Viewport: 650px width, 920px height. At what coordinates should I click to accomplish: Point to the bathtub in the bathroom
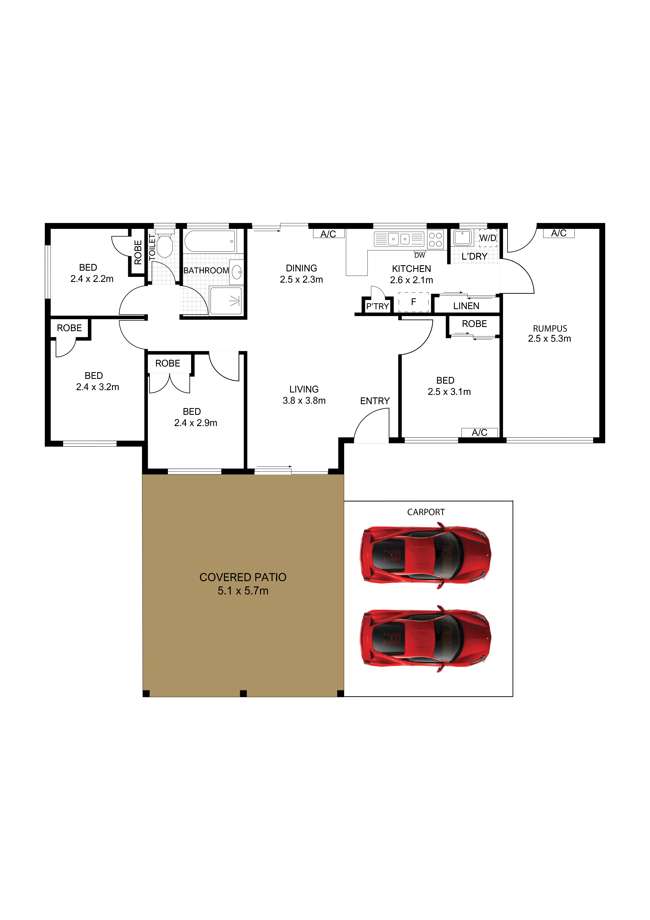210,241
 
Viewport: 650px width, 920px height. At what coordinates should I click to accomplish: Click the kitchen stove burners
435,240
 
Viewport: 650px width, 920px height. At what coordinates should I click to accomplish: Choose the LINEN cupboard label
466,306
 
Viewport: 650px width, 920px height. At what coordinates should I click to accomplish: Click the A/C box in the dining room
328,234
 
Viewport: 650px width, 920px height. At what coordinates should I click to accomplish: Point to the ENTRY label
375,401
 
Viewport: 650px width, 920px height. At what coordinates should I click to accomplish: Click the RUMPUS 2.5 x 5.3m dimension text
550,339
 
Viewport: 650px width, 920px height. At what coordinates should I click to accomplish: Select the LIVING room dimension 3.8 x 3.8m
304,401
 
